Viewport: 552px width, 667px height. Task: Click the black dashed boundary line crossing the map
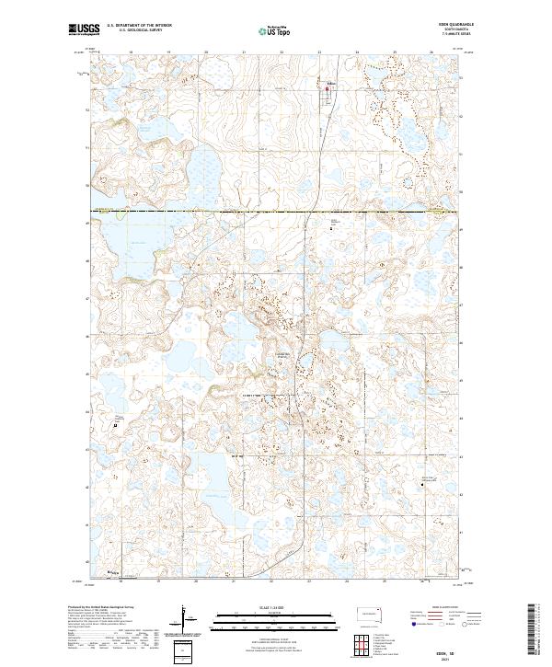276,211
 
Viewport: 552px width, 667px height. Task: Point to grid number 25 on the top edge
395,53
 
